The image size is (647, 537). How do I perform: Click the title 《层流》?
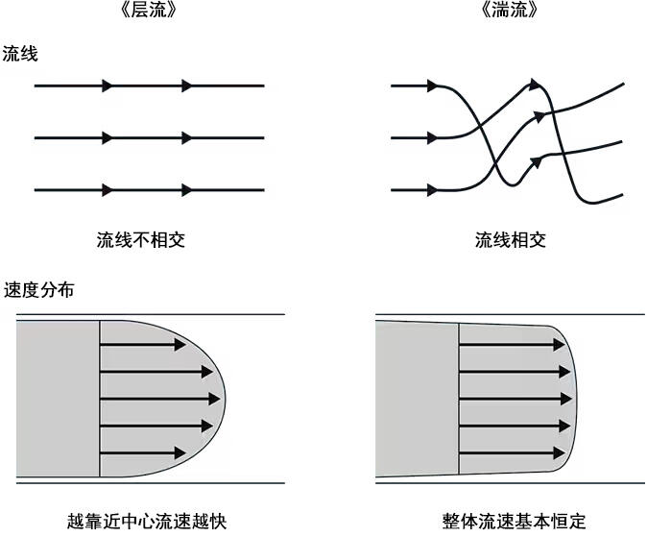149,9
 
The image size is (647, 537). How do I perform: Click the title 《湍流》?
510,9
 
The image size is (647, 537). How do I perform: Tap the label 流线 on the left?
20,54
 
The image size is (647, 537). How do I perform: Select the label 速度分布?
38,289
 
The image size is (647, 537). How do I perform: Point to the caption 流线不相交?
141,240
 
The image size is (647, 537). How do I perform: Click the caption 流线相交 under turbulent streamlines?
511,240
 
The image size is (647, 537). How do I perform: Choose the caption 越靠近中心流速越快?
147,521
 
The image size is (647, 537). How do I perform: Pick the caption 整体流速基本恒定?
514,521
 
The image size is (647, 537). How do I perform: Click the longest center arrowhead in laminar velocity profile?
215,399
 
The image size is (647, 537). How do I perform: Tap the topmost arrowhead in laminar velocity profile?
180,344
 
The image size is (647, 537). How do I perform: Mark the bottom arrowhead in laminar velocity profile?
180,453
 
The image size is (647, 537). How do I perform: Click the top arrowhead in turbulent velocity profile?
559,344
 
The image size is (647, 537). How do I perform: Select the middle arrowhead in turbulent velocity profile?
565,399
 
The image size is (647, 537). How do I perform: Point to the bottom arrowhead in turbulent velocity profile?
559,453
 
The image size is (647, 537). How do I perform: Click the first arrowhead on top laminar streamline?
108,85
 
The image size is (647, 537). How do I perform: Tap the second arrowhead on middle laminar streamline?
187,138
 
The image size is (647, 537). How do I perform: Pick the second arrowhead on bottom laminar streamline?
187,190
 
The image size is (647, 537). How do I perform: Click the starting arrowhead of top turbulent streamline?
432,85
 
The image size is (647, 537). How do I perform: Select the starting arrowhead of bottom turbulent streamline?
432,190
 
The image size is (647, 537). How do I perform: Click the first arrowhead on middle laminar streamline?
108,138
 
